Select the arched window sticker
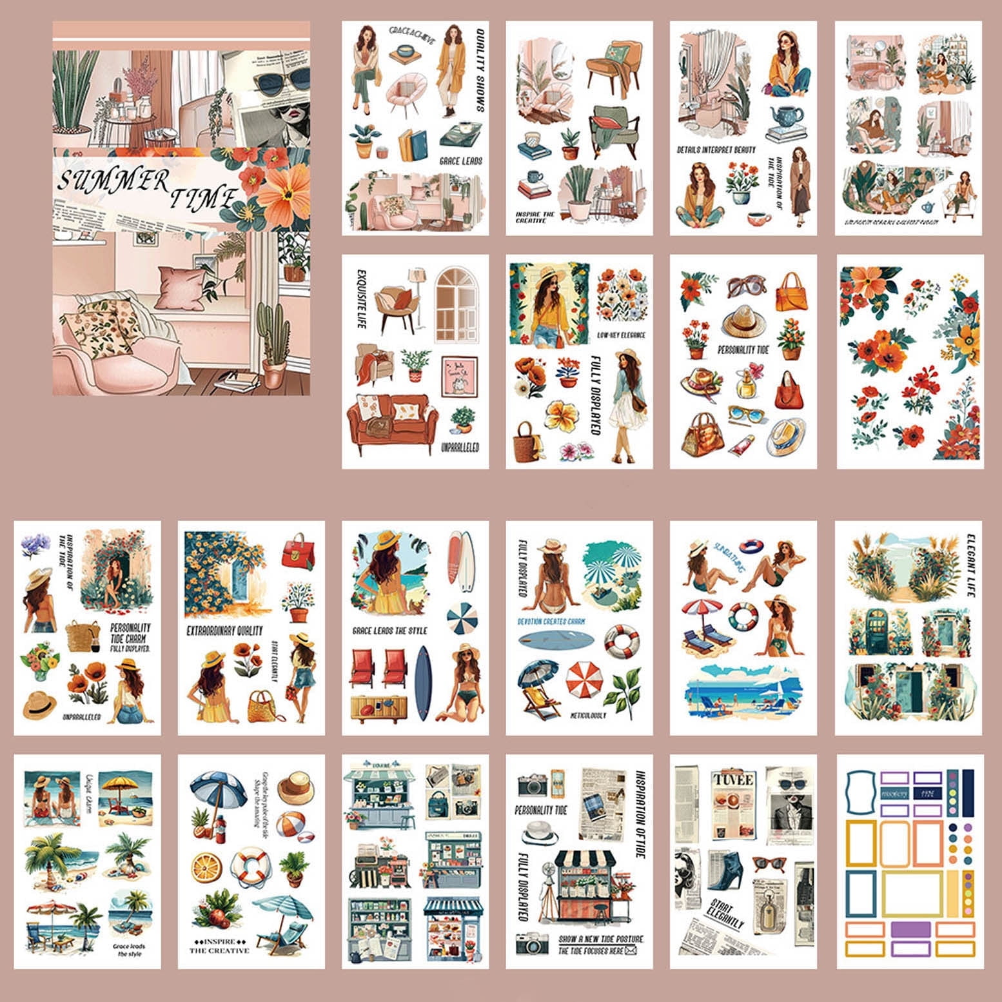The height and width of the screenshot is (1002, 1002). tap(457, 306)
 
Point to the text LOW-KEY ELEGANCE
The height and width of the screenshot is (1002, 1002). tap(620, 335)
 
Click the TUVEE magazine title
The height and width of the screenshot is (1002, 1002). tap(732, 780)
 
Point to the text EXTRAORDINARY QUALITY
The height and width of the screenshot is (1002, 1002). tap(224, 631)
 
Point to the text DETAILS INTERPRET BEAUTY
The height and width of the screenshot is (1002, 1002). tap(716, 150)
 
